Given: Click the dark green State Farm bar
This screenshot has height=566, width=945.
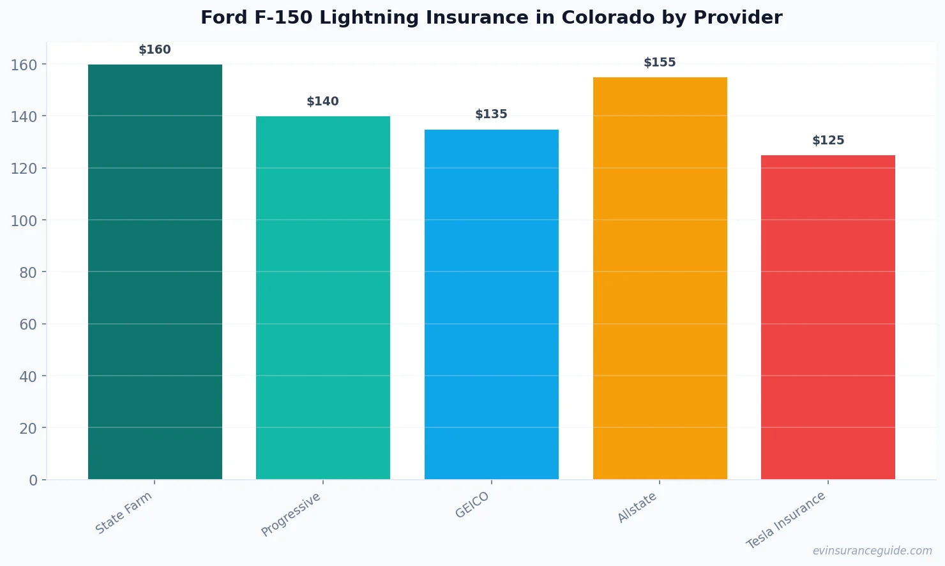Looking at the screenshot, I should (x=155, y=272).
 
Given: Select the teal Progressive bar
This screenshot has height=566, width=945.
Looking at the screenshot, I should (x=323, y=298).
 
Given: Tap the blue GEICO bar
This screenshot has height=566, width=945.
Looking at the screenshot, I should (x=492, y=304).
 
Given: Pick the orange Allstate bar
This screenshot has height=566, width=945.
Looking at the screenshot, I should (x=660, y=278).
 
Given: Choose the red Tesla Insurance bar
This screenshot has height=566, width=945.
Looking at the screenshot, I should (x=828, y=317).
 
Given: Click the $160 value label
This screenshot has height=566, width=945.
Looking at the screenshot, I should (x=155, y=50).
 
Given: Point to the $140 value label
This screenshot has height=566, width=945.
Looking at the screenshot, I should (x=323, y=102).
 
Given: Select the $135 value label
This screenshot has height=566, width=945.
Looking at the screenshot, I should (x=492, y=114).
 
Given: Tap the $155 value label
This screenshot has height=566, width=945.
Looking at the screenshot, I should (x=660, y=63).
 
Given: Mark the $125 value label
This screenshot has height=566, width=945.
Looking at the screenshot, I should (x=828, y=141).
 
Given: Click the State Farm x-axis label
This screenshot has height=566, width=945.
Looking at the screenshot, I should (x=124, y=512).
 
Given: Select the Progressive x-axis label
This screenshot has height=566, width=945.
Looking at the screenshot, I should (x=291, y=514).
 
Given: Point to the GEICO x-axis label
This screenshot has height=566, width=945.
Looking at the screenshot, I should (x=472, y=505).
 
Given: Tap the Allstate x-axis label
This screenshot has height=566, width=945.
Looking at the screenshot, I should (x=637, y=507).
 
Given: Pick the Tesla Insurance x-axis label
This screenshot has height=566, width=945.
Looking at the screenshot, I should (x=786, y=520).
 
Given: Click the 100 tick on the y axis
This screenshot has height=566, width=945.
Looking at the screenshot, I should (x=24, y=220).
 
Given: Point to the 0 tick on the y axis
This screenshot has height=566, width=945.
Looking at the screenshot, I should (x=33, y=480).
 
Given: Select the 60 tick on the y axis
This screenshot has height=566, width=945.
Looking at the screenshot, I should (x=28, y=325).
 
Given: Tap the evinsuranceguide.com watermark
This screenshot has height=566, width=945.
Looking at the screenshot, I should (x=872, y=551).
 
